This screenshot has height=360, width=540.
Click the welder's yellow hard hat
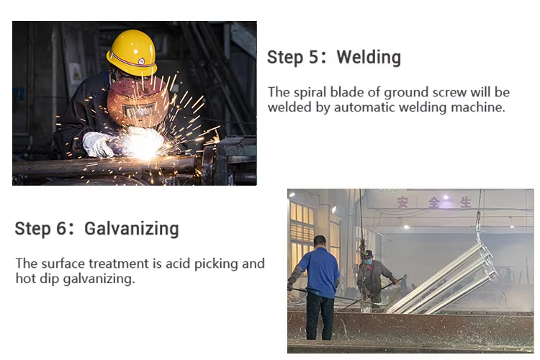click(132, 52)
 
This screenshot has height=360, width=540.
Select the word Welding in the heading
click(369, 58)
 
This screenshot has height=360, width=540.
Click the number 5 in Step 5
click(312, 58)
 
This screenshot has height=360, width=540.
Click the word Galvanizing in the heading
click(131, 229)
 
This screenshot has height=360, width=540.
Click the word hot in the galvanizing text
click(26, 279)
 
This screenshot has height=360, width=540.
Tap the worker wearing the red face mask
click(371, 274)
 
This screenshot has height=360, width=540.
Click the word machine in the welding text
click(485, 107)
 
